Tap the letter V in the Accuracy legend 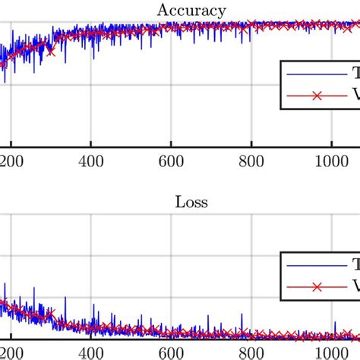click(354, 96)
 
